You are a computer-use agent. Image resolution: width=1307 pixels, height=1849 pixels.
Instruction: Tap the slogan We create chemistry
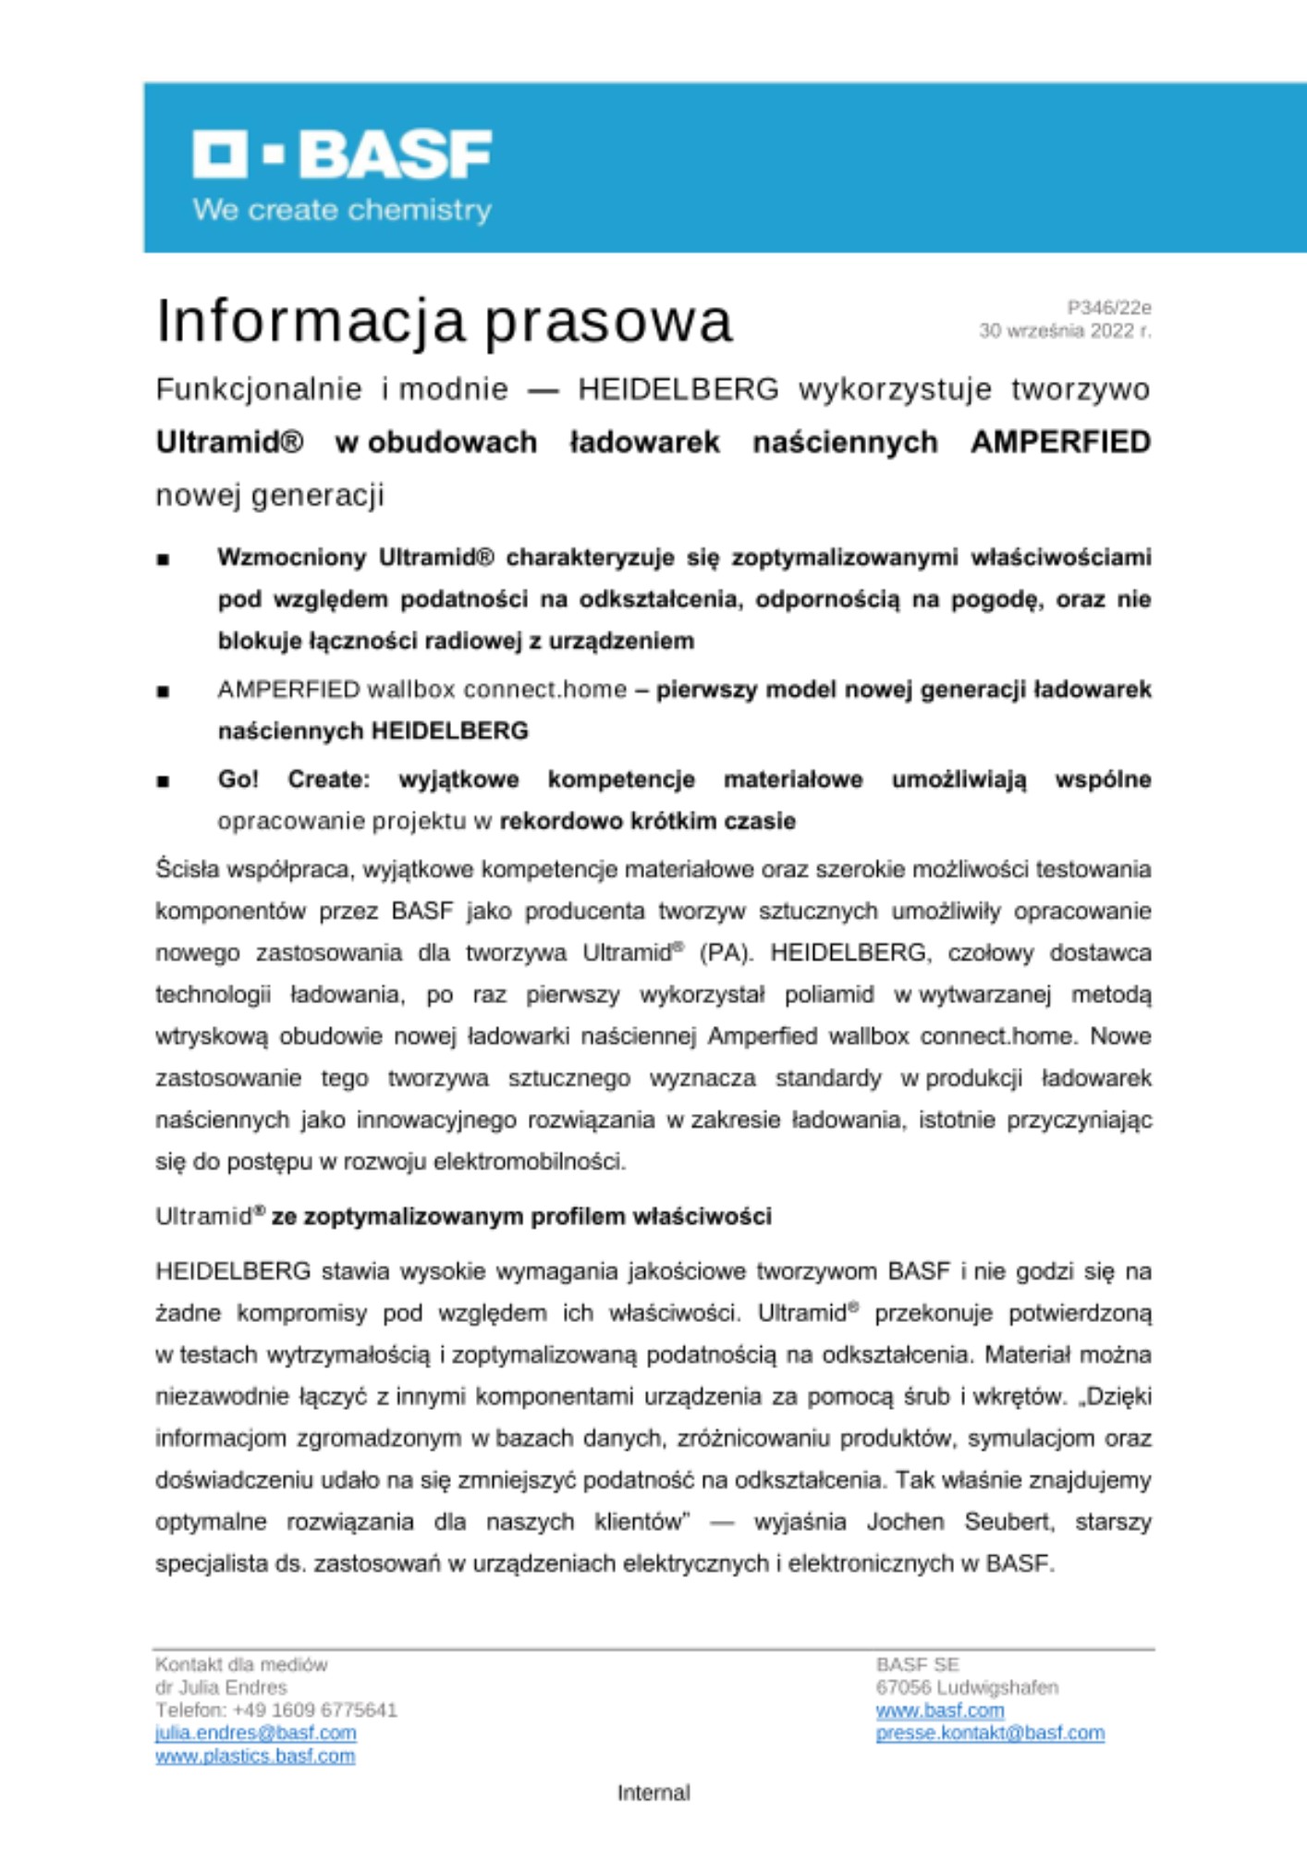coord(342,210)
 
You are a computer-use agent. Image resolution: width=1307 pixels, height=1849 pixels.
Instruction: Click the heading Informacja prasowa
coord(444,321)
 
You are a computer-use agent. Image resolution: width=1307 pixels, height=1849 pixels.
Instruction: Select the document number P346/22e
coord(1108,307)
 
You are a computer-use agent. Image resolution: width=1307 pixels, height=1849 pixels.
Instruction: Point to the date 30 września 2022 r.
coord(1065,331)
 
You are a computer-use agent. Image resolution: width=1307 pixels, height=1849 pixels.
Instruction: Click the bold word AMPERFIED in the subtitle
coord(1060,442)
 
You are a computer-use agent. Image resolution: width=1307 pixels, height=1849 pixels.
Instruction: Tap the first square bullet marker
coord(164,559)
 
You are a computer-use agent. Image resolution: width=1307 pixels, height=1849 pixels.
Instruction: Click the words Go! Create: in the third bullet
coord(293,779)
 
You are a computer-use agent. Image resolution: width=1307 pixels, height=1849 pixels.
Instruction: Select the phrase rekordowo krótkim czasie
coord(647,821)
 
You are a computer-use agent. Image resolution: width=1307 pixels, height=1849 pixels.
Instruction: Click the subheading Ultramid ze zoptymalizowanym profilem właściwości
coord(463,1216)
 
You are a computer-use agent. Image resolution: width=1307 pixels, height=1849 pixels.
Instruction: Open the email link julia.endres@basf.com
coord(256,1733)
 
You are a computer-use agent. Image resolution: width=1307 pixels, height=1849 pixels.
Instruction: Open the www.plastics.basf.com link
coord(255,1756)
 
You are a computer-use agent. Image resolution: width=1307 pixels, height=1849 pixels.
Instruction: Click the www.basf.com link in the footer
coord(939,1710)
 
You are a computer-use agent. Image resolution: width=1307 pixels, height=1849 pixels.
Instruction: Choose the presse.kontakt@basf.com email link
coord(990,1733)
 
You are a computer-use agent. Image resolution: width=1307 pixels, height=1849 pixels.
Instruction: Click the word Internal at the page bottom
coord(653,1793)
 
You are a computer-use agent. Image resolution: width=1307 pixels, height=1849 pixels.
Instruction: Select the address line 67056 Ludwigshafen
coord(967,1687)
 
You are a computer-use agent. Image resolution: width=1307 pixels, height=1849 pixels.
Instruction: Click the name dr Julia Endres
coord(222,1687)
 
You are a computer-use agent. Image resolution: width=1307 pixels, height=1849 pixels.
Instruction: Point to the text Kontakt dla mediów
coord(241,1665)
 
